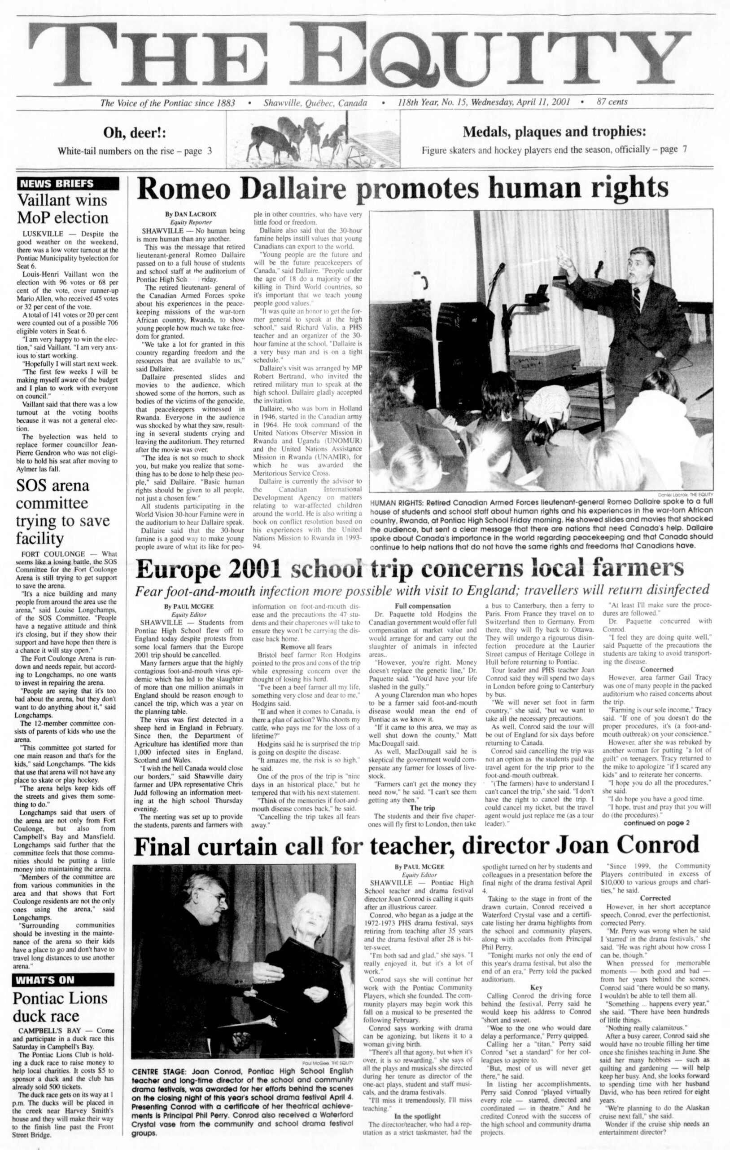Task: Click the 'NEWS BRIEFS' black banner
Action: pos(67,183)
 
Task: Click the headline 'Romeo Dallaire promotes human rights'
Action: pos(402,189)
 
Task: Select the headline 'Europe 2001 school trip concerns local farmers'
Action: pos(409,569)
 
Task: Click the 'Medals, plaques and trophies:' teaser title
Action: pos(555,132)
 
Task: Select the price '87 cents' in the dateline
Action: pos(612,102)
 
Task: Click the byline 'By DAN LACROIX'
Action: pos(190,214)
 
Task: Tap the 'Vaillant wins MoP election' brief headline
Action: pos(62,209)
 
